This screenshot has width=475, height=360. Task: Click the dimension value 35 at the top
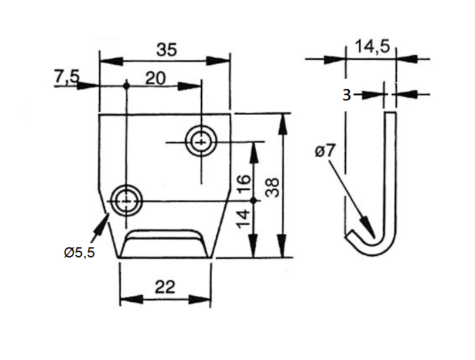point(165,50)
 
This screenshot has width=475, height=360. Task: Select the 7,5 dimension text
point(66,78)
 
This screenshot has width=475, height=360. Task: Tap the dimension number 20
point(155,78)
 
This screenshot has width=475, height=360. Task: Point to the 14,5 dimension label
point(371,47)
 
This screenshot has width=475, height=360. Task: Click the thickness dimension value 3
point(346,95)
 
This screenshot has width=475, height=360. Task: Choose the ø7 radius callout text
point(325,151)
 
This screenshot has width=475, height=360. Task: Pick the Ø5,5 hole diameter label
point(79,253)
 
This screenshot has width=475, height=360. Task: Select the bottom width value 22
point(165,287)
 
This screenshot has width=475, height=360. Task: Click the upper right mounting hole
point(201,143)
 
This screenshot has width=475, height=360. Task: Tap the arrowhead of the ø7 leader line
point(369,231)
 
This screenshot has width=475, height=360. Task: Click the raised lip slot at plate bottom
point(165,243)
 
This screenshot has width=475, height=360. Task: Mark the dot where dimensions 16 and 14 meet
point(254,200)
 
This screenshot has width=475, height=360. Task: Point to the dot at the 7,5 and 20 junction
point(127,86)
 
